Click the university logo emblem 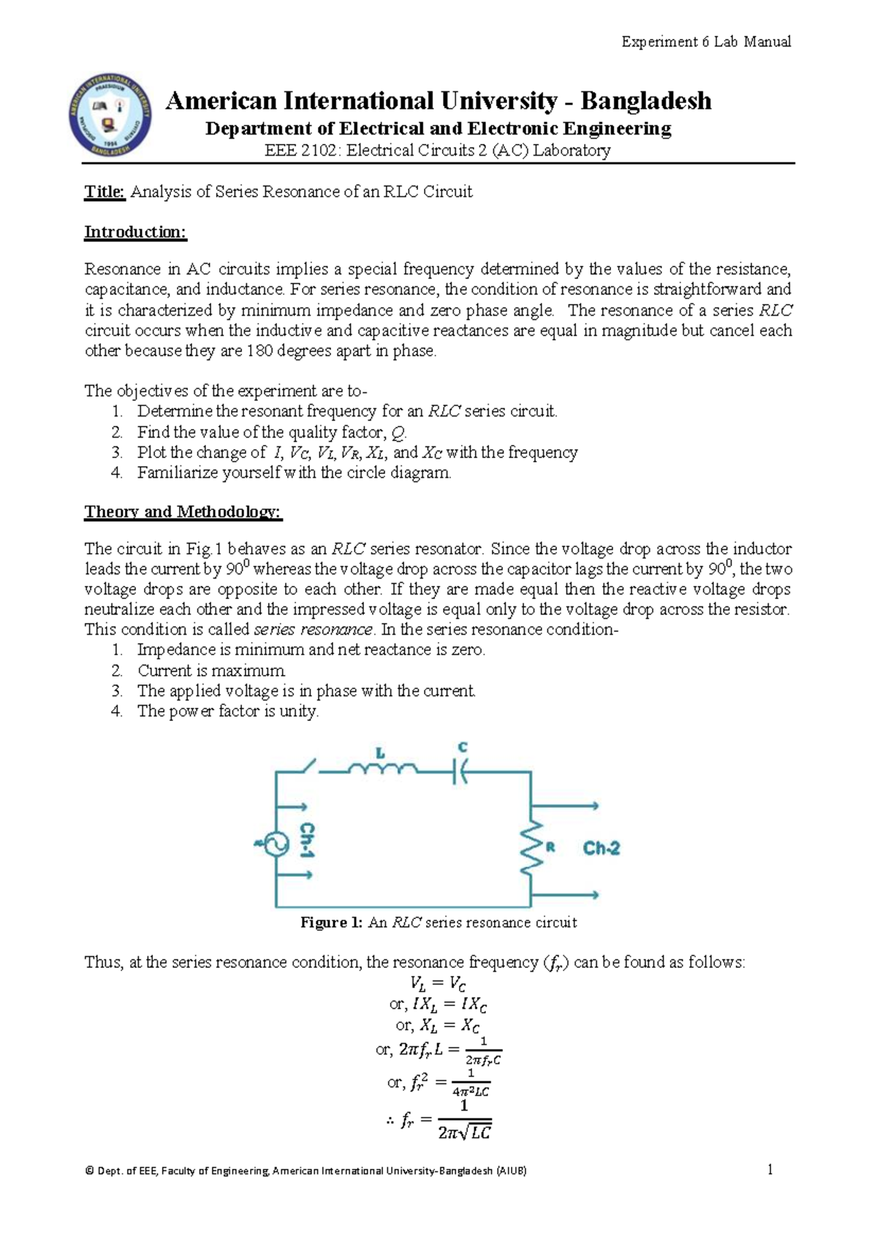(x=110, y=115)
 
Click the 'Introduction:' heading (x=135, y=232)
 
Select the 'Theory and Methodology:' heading (x=183, y=511)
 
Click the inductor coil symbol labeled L (x=382, y=768)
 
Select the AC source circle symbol (x=276, y=845)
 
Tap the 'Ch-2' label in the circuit (x=601, y=848)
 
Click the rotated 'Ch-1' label (x=307, y=840)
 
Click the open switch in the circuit (x=307, y=766)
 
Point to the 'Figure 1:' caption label (x=331, y=923)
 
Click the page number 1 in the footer (x=770, y=1170)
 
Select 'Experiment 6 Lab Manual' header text (x=706, y=42)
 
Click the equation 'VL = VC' (x=438, y=985)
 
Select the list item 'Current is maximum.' (x=211, y=671)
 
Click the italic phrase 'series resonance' (x=313, y=630)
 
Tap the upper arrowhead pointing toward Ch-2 (x=595, y=806)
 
